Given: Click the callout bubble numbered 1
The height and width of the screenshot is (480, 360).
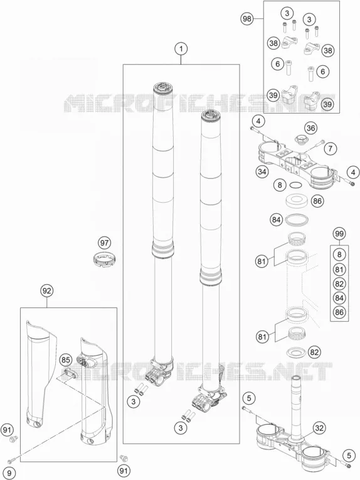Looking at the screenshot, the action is [x=181, y=49].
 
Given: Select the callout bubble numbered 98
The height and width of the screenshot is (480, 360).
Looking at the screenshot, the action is [x=246, y=19].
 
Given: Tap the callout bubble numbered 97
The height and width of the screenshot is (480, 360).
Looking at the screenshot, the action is [x=104, y=243].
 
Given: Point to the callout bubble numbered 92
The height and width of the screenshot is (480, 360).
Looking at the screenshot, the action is [x=46, y=291].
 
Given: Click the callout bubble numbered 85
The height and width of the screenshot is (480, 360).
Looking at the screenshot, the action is [x=66, y=360].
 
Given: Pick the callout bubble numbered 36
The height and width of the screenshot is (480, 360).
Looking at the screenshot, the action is [x=310, y=128].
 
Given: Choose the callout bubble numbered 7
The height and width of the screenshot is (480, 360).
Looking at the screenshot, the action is [x=330, y=149].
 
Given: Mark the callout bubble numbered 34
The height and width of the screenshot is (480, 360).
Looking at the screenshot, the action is [x=262, y=171].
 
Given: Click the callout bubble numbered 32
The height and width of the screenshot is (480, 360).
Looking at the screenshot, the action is [x=319, y=428].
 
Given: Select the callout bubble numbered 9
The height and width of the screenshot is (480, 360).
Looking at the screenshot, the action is [x=9, y=473].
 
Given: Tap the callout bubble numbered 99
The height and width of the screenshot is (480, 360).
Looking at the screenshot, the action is [x=339, y=234].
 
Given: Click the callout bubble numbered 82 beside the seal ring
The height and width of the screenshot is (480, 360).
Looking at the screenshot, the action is [x=314, y=352].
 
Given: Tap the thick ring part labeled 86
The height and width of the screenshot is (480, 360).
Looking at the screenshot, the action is [x=296, y=201].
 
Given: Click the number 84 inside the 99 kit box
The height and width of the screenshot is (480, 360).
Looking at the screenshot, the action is [x=339, y=298].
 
